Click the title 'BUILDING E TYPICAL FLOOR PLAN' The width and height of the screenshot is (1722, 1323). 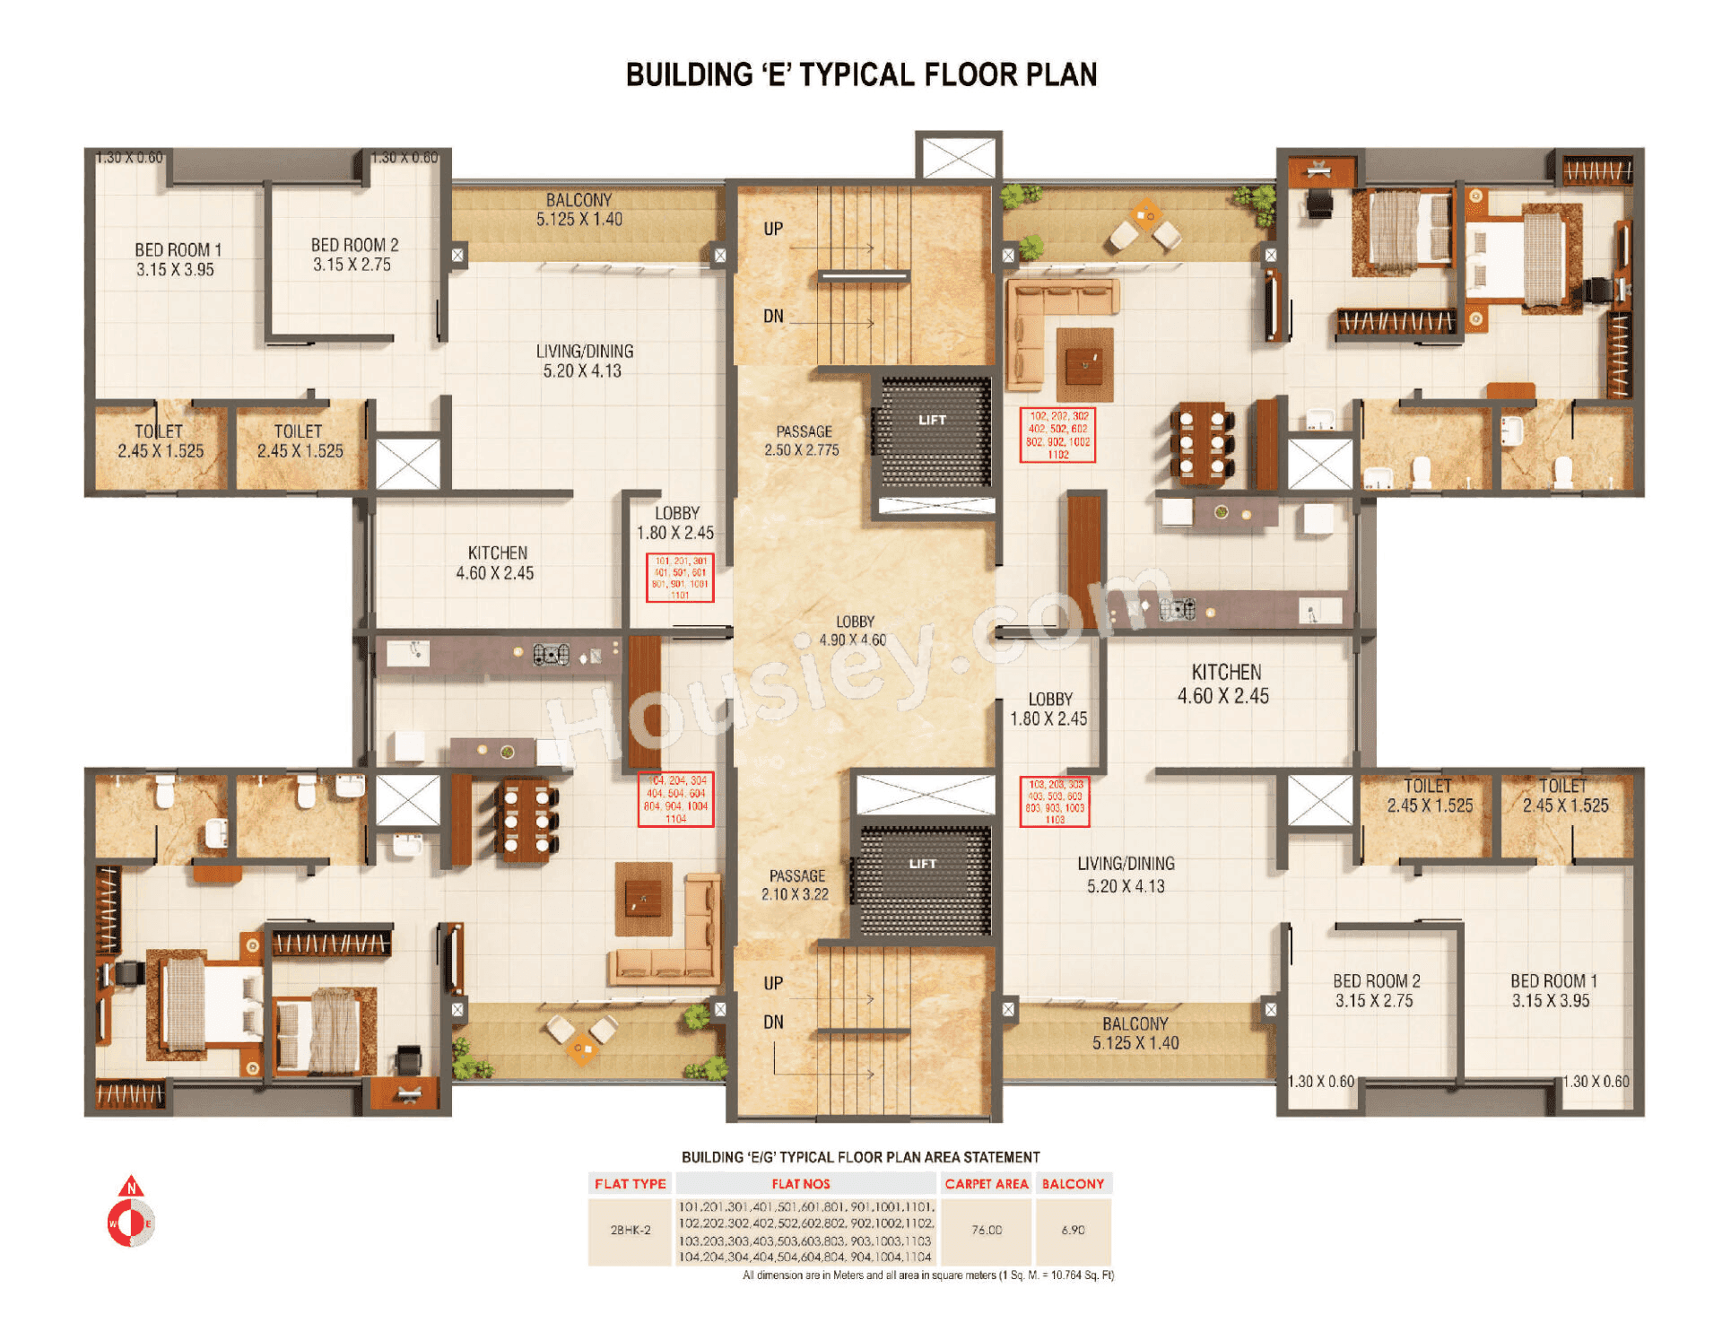click(861, 74)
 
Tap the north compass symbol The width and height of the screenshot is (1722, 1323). click(131, 1213)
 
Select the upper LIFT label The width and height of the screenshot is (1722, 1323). click(932, 420)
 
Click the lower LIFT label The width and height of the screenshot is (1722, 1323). click(922, 864)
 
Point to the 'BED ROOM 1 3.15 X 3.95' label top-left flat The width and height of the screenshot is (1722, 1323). click(176, 259)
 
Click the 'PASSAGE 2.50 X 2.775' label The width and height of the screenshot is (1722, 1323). click(803, 440)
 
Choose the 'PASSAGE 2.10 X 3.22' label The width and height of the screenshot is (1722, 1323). click(796, 884)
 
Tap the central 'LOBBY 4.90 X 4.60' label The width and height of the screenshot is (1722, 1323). click(853, 631)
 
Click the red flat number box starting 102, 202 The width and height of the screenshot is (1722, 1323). click(1057, 435)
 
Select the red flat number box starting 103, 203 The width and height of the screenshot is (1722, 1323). click(1055, 801)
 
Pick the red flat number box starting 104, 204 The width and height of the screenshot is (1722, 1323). click(675, 799)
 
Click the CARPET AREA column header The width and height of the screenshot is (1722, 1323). click(986, 1183)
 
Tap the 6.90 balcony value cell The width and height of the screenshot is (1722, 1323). click(1073, 1230)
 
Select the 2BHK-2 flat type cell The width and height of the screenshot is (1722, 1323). click(630, 1230)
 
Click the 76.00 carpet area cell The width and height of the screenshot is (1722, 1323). click(986, 1230)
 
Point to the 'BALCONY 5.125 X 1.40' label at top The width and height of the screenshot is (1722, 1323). click(579, 209)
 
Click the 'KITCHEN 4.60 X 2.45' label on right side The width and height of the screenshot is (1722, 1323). click(1224, 683)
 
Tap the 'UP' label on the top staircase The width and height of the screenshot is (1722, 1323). click(773, 229)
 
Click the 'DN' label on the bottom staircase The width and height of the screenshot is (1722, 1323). click(773, 1022)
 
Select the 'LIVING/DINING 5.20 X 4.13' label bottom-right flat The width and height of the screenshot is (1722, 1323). click(1126, 875)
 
